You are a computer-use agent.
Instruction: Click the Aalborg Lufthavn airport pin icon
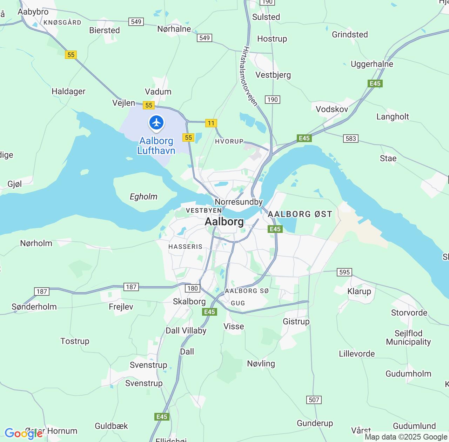coord(156,123)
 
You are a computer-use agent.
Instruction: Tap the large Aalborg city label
coord(224,222)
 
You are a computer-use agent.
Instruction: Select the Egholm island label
coord(143,196)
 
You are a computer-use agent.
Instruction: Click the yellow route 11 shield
coord(211,123)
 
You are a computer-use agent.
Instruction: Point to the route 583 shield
coord(351,138)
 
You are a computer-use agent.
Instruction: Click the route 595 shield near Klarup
coord(344,272)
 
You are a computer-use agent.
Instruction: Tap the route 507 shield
coord(314,400)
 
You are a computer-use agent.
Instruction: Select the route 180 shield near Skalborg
coord(193,288)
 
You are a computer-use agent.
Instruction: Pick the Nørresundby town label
coord(239,202)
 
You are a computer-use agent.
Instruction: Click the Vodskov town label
coord(332,109)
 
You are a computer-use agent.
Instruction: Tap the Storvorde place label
coord(409,313)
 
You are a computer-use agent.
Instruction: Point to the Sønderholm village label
coord(34,307)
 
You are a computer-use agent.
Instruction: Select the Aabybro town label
coord(33,12)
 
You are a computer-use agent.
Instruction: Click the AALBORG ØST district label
coord(300,214)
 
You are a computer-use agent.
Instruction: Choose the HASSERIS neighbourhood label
coord(186,247)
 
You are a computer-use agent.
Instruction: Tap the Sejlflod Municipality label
coord(408,337)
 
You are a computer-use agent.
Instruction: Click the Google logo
coord(24,434)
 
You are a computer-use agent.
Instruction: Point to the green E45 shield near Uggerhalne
coord(375,83)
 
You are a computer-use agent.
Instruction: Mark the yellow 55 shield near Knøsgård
coord(71,55)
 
